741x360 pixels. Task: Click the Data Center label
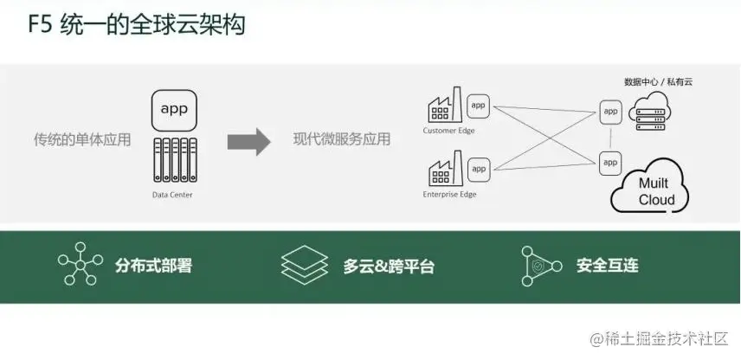click(172, 196)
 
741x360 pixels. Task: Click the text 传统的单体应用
click(82, 138)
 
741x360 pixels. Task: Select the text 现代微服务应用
click(341, 139)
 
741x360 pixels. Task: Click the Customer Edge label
click(448, 132)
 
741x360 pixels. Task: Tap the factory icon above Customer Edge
click(445, 107)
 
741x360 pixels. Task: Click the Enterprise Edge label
click(449, 195)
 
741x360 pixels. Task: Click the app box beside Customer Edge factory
click(478, 106)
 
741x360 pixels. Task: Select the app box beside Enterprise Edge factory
click(478, 168)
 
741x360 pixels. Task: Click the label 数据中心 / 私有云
click(658, 82)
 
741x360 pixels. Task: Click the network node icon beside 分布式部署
click(80, 266)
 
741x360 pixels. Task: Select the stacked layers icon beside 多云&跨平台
click(304, 266)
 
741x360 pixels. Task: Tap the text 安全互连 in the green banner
click(607, 266)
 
